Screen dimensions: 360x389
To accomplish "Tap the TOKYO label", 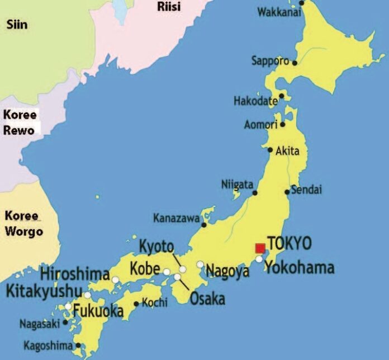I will [x=290, y=244].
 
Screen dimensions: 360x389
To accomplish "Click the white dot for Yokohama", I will [x=259, y=259].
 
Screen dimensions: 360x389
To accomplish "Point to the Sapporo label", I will [x=270, y=60].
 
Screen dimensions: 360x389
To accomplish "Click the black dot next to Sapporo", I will [x=295, y=63].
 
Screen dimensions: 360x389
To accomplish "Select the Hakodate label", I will [x=255, y=101].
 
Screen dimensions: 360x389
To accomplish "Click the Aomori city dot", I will [x=283, y=124].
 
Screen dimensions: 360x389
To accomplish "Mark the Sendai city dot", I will [x=288, y=192].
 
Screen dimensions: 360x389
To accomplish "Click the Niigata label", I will [x=237, y=184].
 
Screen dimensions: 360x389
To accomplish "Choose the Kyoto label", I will [x=156, y=247].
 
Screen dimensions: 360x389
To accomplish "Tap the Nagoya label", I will [x=227, y=272].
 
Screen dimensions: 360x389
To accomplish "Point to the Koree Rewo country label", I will [x=21, y=122].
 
